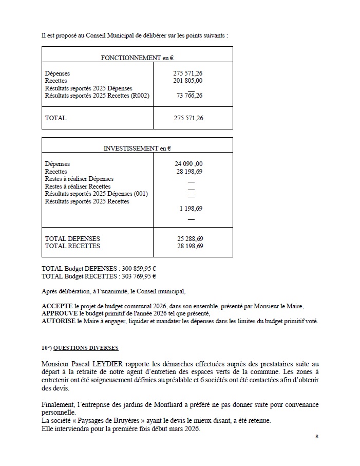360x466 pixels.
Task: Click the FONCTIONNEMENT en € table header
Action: (137, 58)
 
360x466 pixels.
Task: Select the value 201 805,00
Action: (187, 81)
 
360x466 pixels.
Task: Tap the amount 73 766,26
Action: (189, 96)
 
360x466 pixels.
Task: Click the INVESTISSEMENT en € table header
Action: (137, 148)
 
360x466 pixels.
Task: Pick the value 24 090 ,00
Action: (188, 164)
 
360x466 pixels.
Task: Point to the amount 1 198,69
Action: (191, 209)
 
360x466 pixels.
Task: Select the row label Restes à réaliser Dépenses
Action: (79, 179)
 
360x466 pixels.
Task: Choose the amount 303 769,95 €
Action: (139, 276)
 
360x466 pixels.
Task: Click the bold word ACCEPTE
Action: (57, 306)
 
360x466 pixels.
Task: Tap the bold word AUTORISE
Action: (59, 322)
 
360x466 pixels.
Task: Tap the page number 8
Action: (317, 436)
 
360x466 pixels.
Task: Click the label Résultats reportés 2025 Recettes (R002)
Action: (97, 96)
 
